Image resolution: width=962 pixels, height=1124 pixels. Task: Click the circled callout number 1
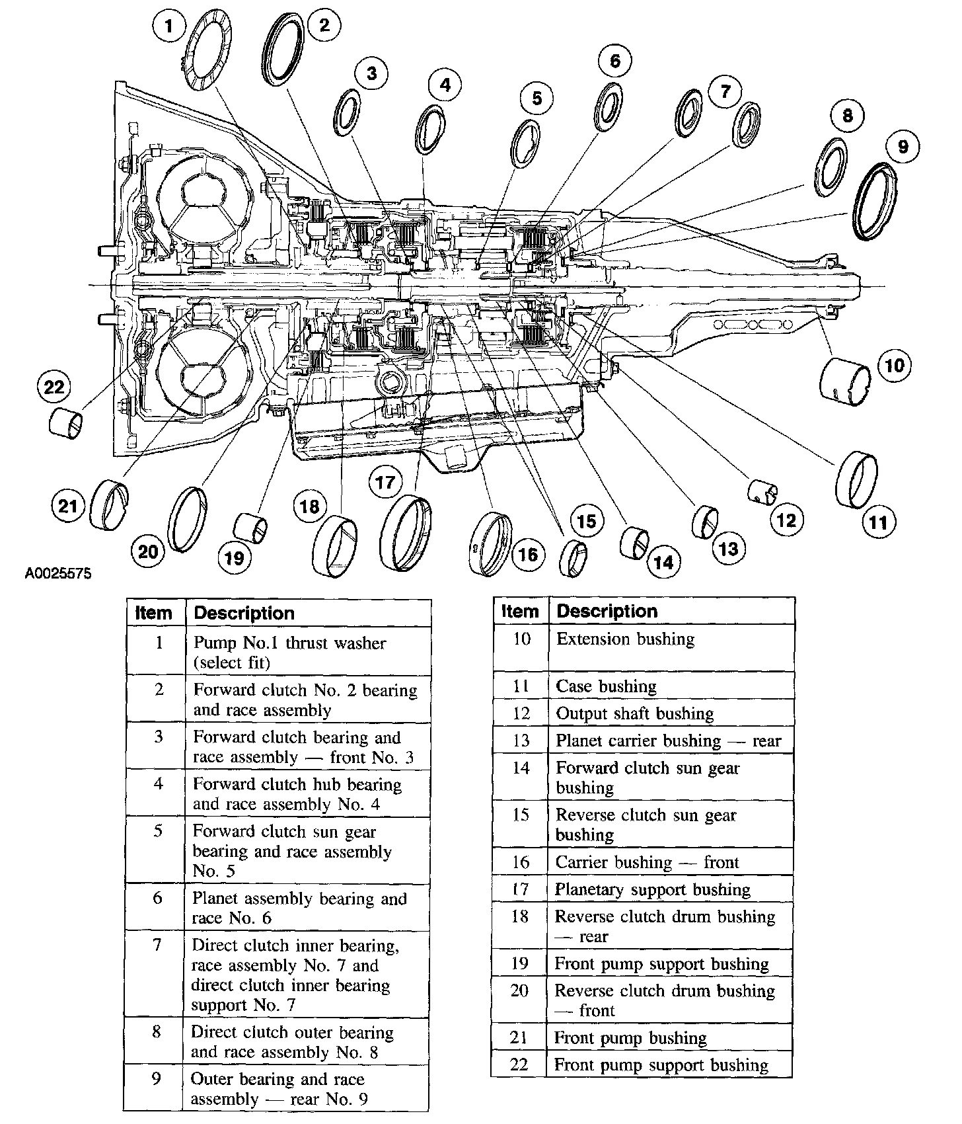[x=169, y=27]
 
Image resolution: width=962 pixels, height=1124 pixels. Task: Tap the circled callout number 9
[x=903, y=145]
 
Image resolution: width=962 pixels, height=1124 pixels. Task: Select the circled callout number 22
[x=54, y=386]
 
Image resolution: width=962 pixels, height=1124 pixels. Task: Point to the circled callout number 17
[x=385, y=482]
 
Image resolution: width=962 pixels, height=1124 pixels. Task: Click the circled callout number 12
[x=786, y=520]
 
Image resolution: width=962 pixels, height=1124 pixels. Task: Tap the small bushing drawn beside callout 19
[x=251, y=528]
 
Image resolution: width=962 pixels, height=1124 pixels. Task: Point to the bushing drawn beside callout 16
[x=492, y=545]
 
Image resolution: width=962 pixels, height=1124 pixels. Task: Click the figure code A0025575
[x=58, y=573]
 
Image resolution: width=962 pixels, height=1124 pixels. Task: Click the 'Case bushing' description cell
[x=671, y=687]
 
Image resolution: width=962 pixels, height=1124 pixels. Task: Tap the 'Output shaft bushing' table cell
[x=671, y=714]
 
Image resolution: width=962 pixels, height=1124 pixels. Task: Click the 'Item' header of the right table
[x=520, y=612]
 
